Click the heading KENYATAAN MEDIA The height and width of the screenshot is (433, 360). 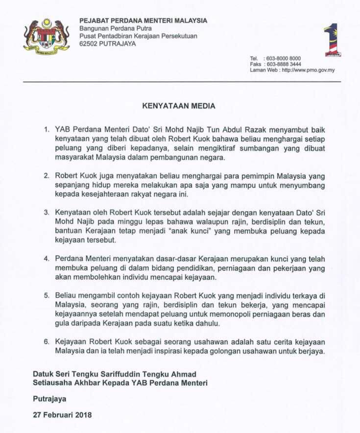179,105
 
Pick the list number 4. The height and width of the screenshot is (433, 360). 47,259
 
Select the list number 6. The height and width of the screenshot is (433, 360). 47,342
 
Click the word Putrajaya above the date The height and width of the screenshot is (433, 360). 49,398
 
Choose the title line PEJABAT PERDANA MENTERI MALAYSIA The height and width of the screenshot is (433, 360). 143,21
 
